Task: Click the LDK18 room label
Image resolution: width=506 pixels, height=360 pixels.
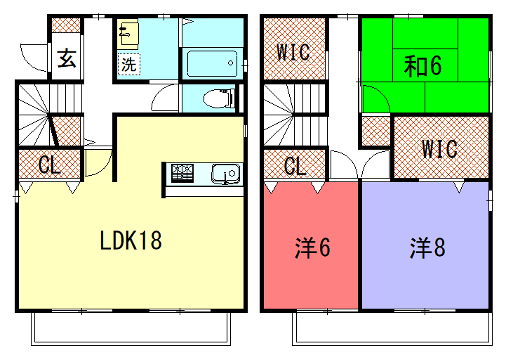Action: click(131, 240)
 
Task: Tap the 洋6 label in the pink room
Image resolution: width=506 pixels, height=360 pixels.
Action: click(312, 248)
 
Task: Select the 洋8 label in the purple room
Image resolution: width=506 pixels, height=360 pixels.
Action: click(427, 248)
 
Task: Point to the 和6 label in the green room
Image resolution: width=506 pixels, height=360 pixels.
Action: click(423, 65)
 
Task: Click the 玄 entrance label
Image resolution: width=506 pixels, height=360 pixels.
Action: click(67, 58)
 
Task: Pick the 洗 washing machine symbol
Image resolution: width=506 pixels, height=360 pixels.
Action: click(129, 64)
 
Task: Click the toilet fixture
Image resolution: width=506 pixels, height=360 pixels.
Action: click(217, 98)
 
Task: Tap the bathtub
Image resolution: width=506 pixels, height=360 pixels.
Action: click(212, 63)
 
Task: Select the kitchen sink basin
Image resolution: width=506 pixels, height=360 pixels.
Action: click(225, 173)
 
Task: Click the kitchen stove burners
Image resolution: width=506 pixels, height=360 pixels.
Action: click(182, 173)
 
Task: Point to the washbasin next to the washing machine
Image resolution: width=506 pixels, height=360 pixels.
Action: click(128, 33)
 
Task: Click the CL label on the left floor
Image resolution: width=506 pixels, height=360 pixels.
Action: click(50, 165)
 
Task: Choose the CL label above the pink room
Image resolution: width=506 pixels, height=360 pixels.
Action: click(295, 166)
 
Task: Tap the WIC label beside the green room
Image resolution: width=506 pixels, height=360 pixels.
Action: click(293, 52)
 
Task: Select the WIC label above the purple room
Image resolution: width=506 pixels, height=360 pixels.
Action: click(440, 149)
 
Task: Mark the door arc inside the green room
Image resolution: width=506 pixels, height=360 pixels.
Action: click(383, 92)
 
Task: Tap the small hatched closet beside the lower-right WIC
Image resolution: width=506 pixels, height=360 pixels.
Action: click(376, 131)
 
